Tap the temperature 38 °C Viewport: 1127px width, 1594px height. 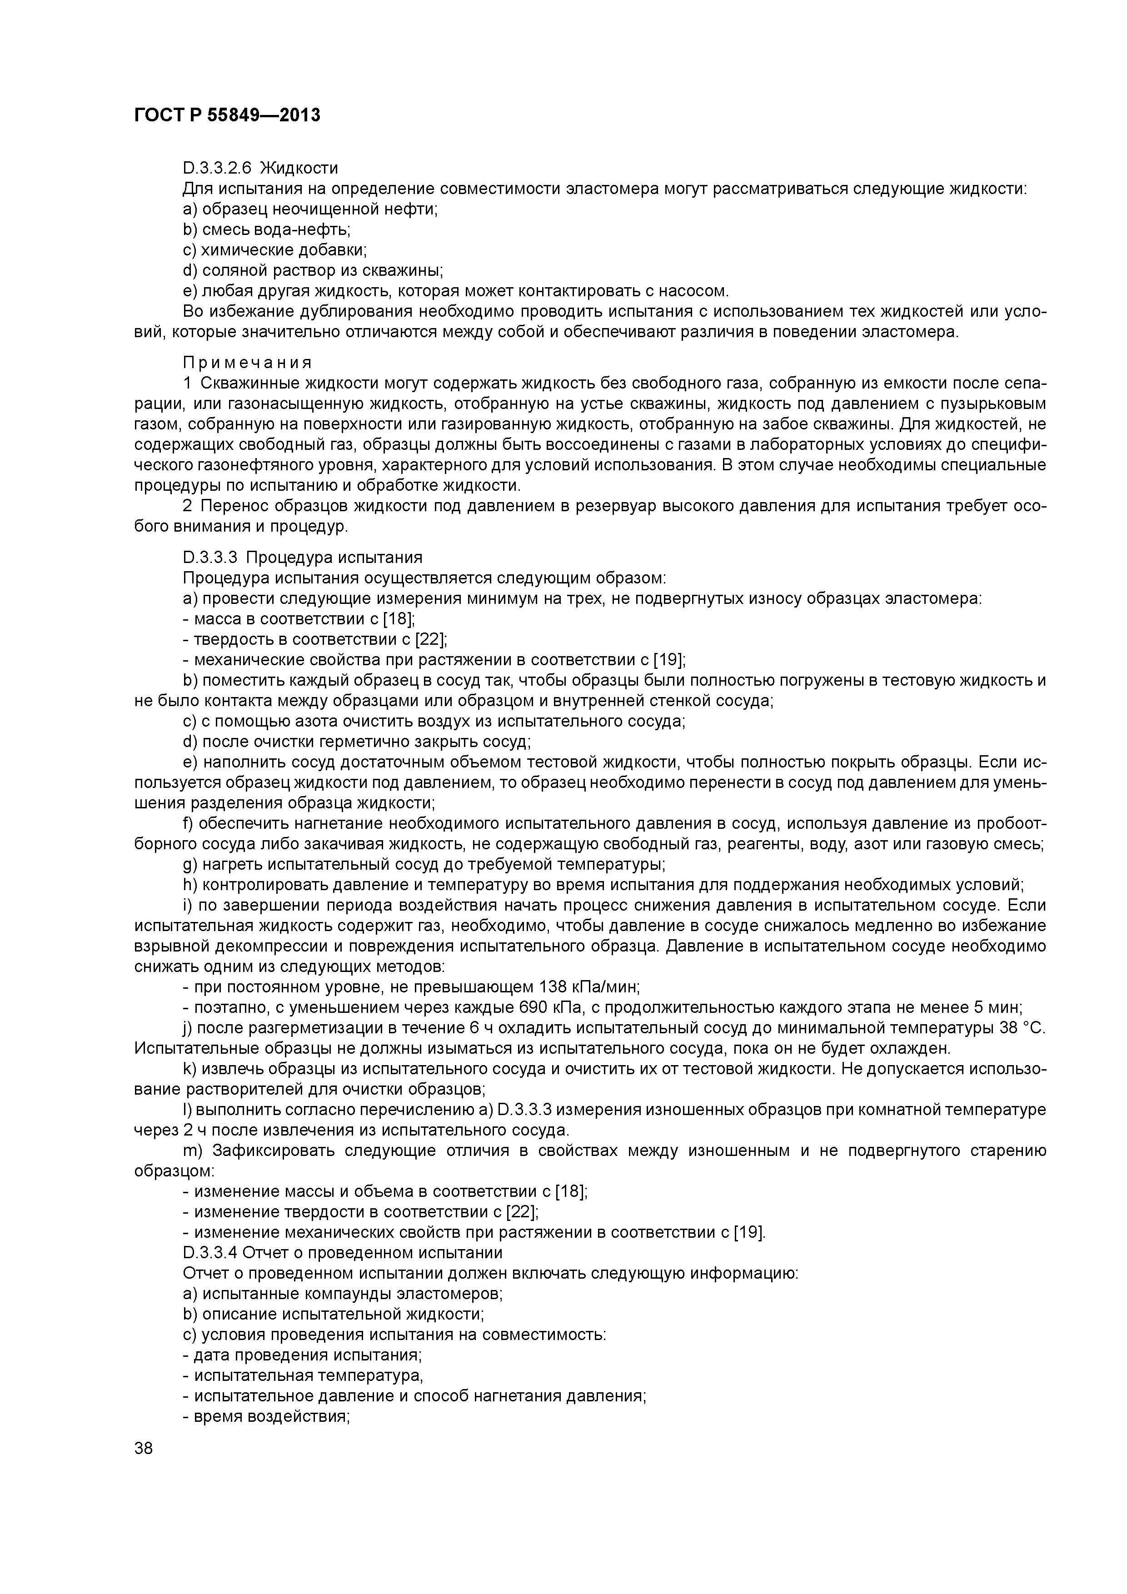click(1022, 1027)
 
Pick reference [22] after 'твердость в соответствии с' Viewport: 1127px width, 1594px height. click(430, 639)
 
